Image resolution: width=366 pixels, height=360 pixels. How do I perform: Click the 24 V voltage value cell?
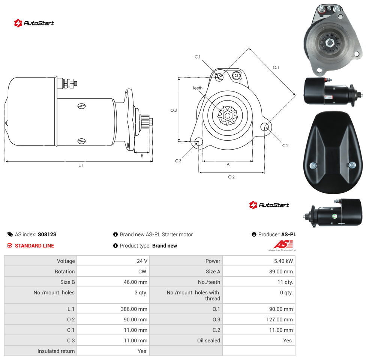click(142, 261)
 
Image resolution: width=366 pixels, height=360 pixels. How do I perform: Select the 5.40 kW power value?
click(283, 261)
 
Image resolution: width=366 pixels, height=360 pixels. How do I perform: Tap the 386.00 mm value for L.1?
click(134, 309)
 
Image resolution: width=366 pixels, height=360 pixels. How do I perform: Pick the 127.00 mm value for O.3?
click(279, 319)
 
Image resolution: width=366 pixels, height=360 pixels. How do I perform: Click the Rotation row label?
click(64, 271)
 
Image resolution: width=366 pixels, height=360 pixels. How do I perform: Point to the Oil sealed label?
click(208, 340)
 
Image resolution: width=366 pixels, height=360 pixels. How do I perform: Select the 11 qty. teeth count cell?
click(285, 282)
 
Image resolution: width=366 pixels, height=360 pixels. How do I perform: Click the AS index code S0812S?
click(47, 234)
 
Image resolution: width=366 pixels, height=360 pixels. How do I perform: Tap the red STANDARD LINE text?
click(34, 246)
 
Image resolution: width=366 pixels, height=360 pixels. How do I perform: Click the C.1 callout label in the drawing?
click(198, 57)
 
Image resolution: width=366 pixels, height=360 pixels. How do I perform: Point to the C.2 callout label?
click(285, 145)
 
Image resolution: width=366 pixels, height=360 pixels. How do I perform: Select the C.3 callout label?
click(178, 161)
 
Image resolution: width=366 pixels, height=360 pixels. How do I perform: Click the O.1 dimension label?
click(276, 67)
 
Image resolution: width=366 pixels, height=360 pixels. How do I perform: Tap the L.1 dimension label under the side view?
click(81, 165)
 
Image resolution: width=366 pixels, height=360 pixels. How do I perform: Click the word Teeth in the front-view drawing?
click(198, 88)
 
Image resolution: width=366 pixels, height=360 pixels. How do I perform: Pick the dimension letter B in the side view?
click(142, 156)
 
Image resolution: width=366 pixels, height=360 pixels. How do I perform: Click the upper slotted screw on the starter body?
click(81, 106)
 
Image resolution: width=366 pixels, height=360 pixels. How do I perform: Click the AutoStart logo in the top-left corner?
click(34, 23)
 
